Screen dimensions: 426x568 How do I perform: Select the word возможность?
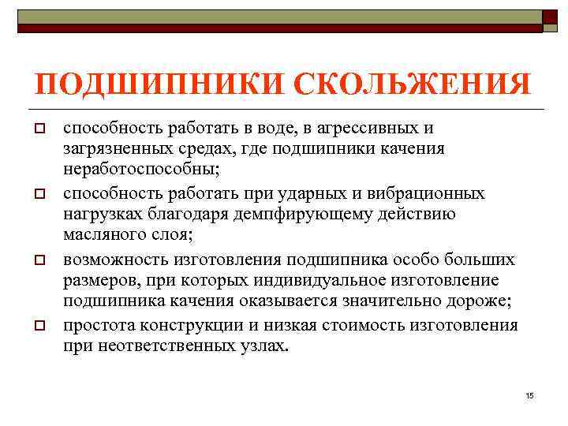pos(113,260)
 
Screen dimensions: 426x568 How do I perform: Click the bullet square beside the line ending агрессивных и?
pos(38,128)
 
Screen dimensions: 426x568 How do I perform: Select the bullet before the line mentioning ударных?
pos(38,194)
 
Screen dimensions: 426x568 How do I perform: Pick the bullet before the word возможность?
pos(38,260)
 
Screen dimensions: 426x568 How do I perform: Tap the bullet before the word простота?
pos(38,327)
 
